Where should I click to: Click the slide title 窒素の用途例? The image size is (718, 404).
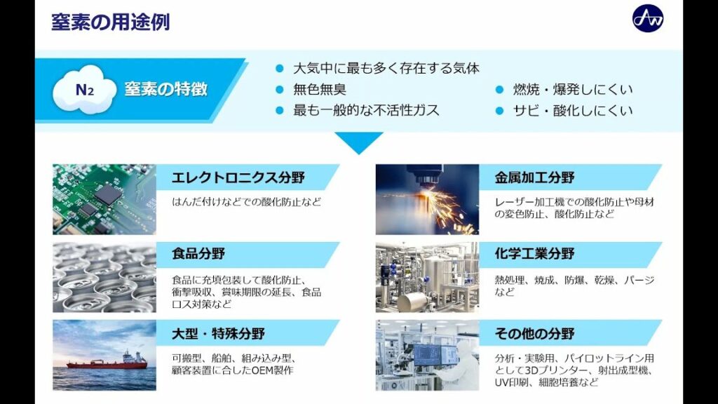110,22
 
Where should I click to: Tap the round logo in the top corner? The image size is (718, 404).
647,18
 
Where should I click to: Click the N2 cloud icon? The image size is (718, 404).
84,89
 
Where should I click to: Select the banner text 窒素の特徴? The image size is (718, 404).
165,89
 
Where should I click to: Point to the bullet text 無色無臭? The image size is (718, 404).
320,89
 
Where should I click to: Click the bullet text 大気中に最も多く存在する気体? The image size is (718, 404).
386,69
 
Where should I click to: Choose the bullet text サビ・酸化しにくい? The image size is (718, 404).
573,110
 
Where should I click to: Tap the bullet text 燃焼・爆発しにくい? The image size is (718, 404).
573,89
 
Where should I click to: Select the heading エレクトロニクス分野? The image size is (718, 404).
238,177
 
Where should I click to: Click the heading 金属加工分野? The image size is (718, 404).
534,177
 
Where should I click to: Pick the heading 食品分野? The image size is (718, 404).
198,254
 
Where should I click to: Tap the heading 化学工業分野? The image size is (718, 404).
534,254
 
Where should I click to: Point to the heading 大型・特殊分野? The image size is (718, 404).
219,333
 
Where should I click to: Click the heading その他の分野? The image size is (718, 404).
534,333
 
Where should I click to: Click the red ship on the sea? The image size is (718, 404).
108,361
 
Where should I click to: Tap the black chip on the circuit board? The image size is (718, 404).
108,194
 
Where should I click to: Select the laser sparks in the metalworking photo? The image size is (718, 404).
435,206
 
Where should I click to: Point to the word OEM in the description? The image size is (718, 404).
262,370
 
